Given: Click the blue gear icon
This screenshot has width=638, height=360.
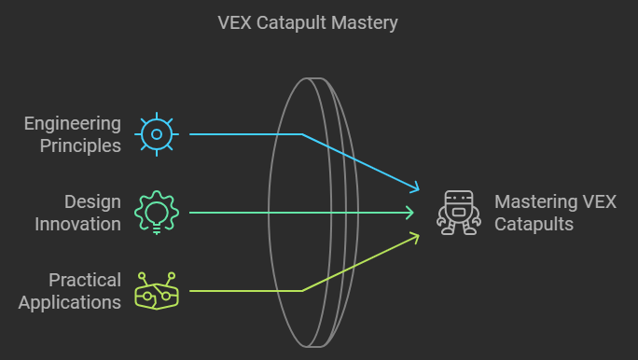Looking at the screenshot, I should click(157, 134).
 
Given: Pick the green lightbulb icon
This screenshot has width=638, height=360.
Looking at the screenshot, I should click(157, 213).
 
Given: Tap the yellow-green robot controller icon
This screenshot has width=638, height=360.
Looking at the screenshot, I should click(156, 291).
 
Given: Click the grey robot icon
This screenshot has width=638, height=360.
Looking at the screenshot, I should click(459, 213).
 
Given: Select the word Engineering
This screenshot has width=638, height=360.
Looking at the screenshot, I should click(73, 123).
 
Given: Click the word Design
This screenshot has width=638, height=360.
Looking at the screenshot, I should click(92, 201).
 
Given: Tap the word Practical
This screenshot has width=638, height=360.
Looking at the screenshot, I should click(85, 280).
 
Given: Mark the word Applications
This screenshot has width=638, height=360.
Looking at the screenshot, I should click(70, 302).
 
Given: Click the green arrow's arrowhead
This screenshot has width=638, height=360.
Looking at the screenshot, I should click(412, 213).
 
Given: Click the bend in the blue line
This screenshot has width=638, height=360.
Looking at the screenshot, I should click(302, 134).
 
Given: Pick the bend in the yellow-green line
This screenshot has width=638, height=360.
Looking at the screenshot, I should click(302, 291).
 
